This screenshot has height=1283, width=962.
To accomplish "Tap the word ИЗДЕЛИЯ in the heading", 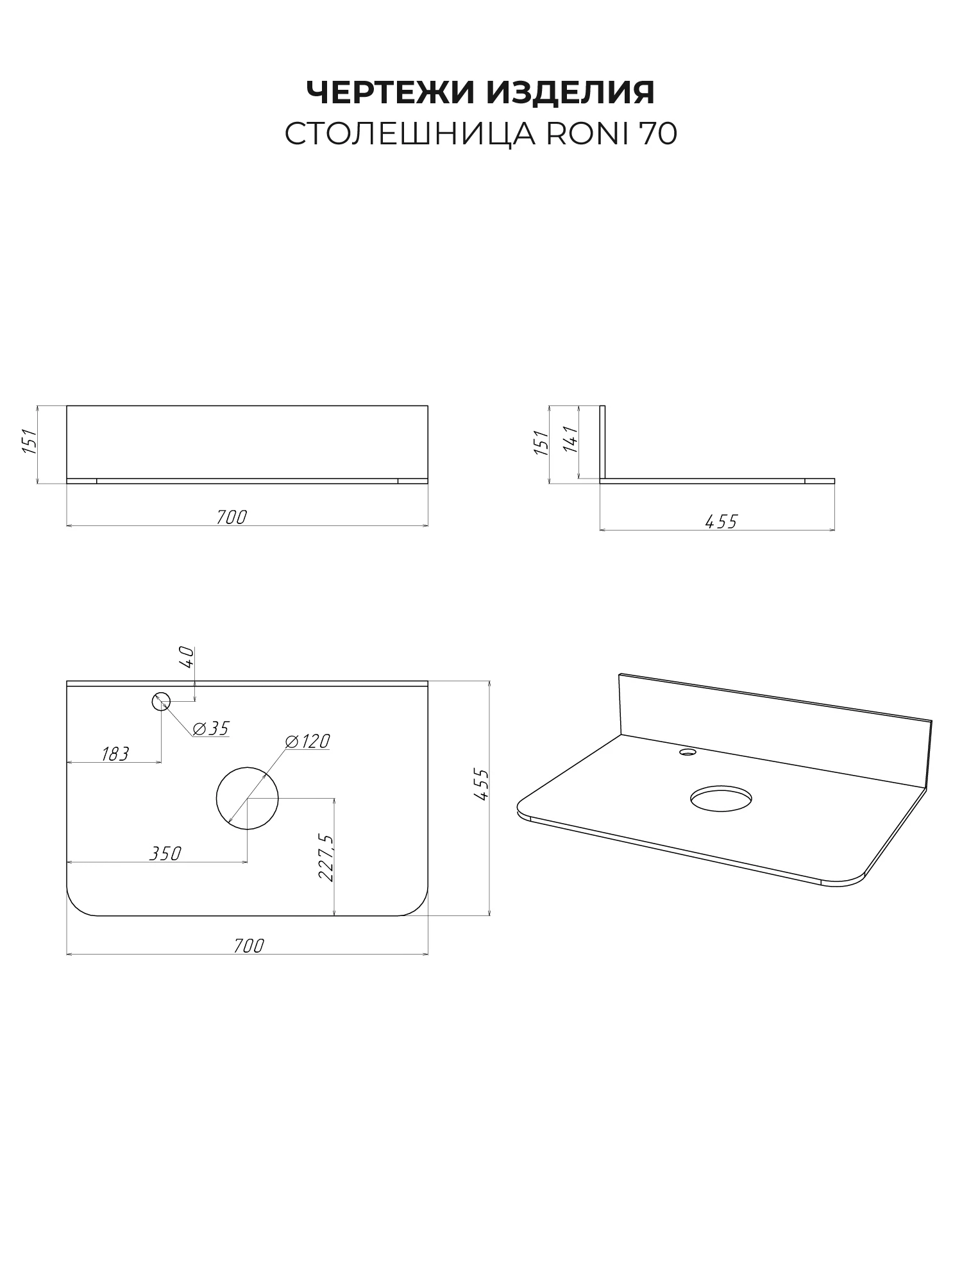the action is (x=571, y=93).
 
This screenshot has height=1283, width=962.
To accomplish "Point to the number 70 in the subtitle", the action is (x=657, y=134).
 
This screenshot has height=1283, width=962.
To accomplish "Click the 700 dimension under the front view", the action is (x=232, y=516).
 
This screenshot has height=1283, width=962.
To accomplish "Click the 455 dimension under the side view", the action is (x=721, y=522).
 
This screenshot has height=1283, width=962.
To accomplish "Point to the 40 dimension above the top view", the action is (x=187, y=657).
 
